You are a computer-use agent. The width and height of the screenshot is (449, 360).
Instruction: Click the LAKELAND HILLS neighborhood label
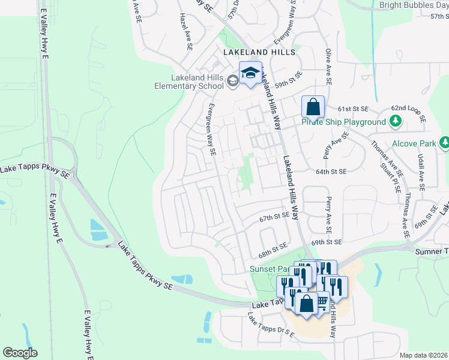tap(259, 53)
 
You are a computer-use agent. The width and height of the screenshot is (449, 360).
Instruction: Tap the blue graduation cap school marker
tap(250, 73)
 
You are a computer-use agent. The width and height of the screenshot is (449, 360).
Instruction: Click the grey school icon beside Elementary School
tap(232, 80)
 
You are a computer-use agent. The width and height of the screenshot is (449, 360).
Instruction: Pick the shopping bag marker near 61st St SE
tap(313, 107)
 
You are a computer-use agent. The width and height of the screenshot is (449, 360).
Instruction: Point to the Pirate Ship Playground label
tap(343, 122)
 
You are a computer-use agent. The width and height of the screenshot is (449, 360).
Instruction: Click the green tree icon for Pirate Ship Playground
tap(395, 122)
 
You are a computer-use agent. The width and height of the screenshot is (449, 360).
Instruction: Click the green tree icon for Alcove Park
tap(445, 143)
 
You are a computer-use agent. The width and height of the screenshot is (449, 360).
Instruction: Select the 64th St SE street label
tap(332, 172)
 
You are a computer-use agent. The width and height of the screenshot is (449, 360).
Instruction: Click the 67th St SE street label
tap(275, 215)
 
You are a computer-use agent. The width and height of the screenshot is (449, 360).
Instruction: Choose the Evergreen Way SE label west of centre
tap(211, 130)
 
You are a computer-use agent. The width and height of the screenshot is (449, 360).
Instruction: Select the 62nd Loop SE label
tap(408, 113)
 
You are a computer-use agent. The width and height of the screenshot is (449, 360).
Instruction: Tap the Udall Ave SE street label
tap(421, 171)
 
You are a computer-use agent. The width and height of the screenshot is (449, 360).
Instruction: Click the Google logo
tap(20, 353)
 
